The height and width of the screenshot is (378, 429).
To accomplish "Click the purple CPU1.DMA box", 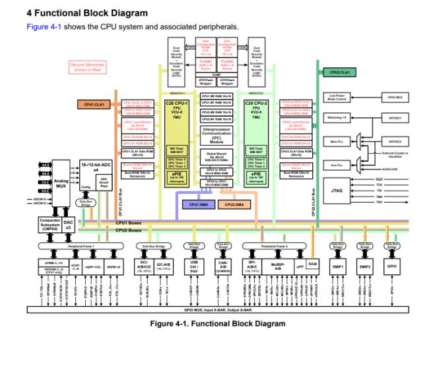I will [x=199, y=205].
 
